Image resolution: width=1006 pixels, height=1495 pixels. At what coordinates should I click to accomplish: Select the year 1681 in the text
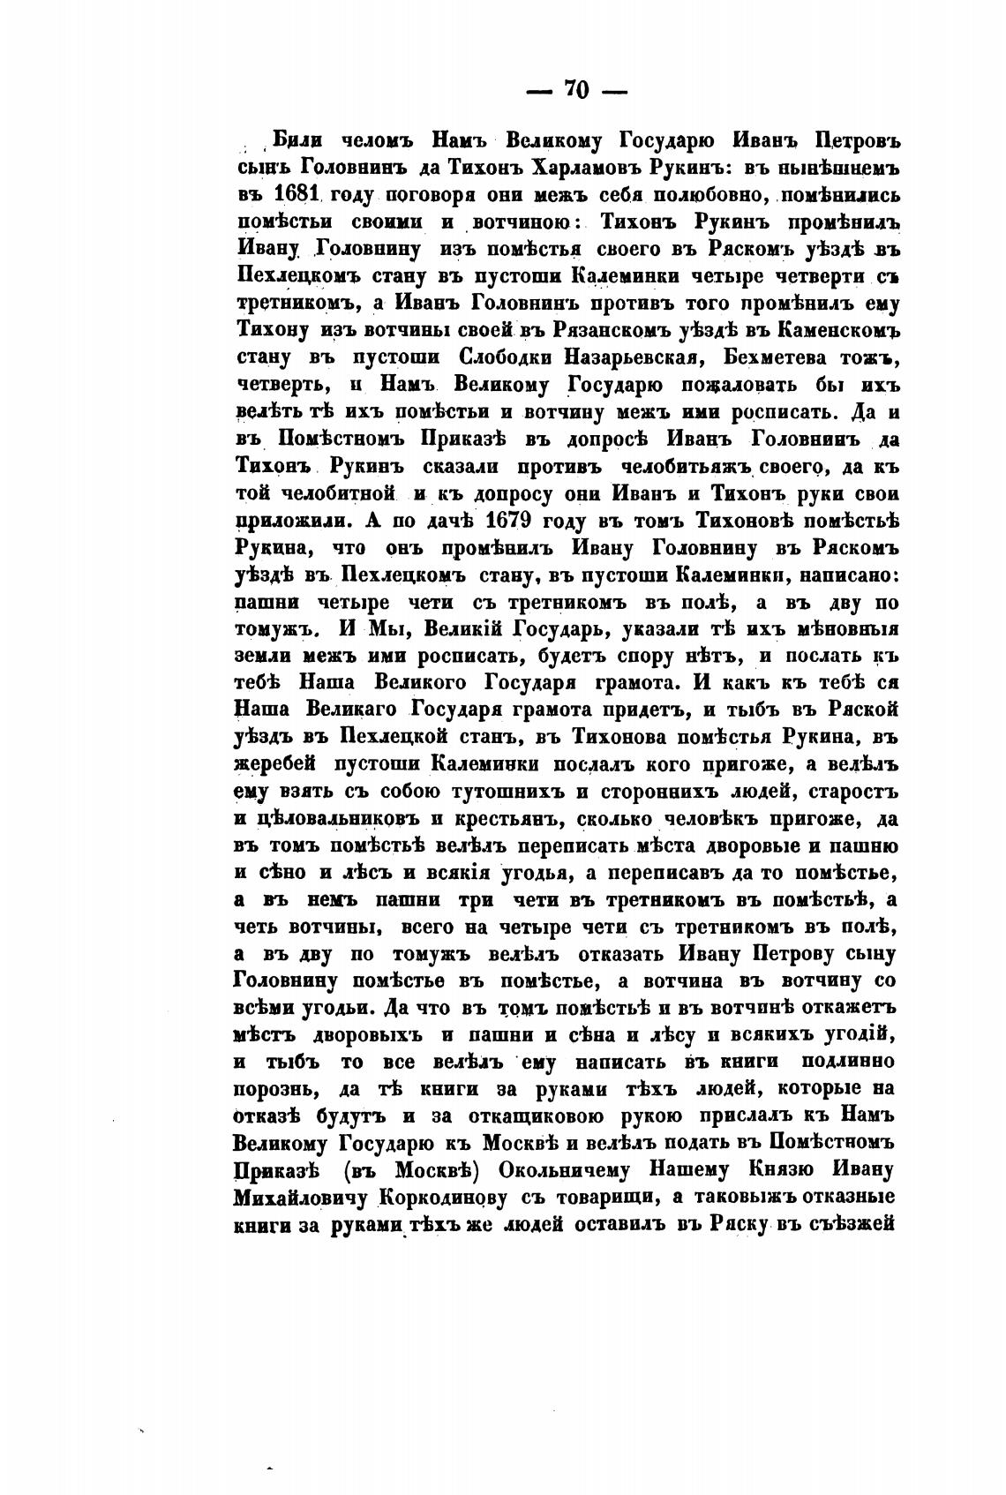pyautogui.click(x=297, y=193)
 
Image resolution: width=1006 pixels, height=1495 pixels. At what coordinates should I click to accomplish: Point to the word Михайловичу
pyautogui.click(x=302, y=1198)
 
